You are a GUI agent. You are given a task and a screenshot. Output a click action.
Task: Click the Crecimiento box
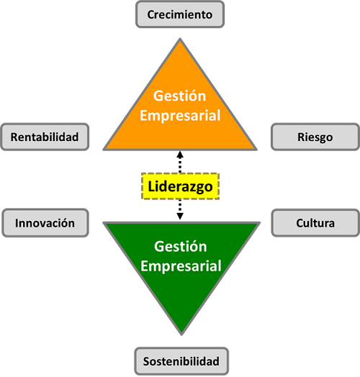[x=180, y=14]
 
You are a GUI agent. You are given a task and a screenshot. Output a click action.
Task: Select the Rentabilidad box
[x=45, y=137]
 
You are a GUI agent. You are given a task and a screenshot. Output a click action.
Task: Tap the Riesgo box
[x=315, y=137]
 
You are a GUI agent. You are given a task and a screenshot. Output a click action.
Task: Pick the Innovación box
[x=45, y=223]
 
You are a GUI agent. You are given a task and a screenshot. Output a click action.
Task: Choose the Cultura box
[x=315, y=223]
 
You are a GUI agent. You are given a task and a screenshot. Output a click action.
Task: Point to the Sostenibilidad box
[x=181, y=361]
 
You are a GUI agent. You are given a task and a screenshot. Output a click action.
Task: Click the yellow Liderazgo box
[x=180, y=186]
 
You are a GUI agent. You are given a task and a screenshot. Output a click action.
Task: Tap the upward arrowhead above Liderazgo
[x=180, y=155]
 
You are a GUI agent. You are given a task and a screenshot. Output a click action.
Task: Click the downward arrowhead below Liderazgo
[x=180, y=216]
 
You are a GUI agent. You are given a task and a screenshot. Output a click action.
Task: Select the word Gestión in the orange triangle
[x=180, y=96]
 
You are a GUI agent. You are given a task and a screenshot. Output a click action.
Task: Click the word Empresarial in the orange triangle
[x=180, y=115]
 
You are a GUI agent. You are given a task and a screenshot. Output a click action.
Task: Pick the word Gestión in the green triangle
[x=181, y=247]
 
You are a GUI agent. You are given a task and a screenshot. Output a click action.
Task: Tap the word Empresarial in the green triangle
[x=181, y=266]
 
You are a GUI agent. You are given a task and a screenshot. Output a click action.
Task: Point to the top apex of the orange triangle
[x=180, y=39]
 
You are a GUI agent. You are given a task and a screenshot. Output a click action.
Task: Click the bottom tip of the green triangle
[x=181, y=335]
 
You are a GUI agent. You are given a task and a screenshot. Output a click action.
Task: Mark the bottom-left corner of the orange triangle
[x=104, y=150]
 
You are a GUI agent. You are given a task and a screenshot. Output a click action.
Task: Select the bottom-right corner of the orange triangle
[x=256, y=150]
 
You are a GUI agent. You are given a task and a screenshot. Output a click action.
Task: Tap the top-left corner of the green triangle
[x=104, y=222]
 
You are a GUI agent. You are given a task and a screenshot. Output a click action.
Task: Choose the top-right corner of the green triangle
[x=260, y=222]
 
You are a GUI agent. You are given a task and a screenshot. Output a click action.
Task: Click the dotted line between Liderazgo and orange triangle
[x=180, y=165]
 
